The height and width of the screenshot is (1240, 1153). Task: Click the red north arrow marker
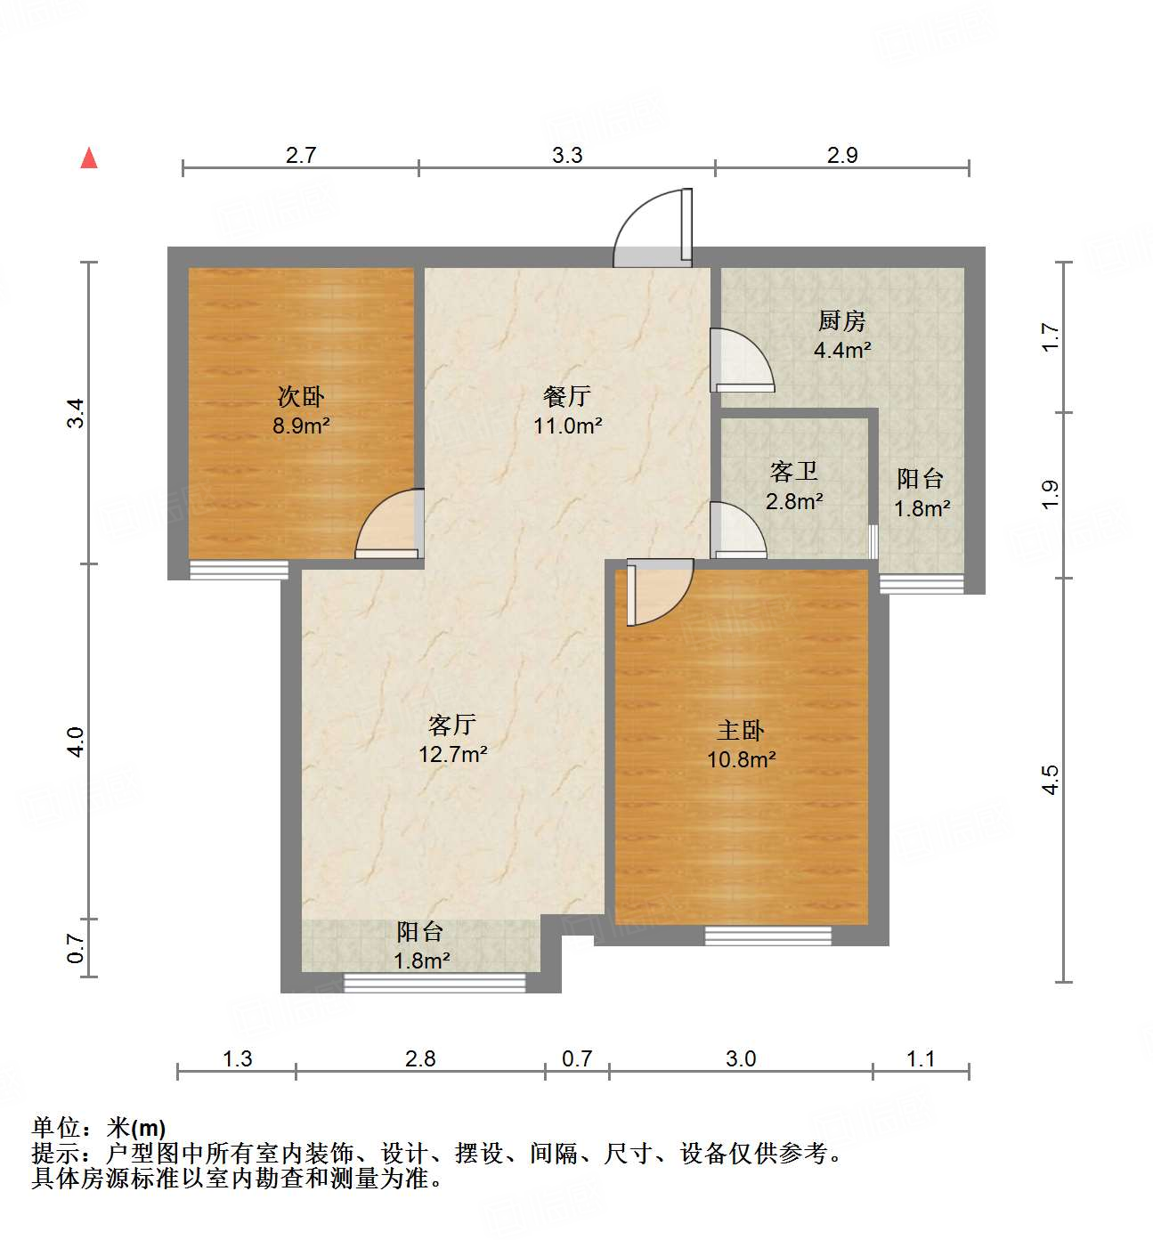(x=89, y=158)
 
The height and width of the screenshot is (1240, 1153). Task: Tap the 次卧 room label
(x=301, y=396)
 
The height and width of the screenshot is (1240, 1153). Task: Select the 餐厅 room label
(x=567, y=396)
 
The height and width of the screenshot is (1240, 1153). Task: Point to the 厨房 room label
(x=841, y=320)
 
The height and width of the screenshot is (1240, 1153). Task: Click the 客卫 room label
(x=793, y=471)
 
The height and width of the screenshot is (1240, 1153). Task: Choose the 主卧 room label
(x=741, y=731)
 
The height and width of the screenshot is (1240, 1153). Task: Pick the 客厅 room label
(x=452, y=725)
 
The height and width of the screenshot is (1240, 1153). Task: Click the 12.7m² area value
(x=452, y=755)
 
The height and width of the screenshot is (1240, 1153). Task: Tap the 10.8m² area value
(x=741, y=760)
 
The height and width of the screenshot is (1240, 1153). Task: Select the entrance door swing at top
(x=653, y=227)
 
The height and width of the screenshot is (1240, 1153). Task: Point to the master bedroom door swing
(x=659, y=591)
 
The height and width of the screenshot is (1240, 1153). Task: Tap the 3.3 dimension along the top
(x=567, y=156)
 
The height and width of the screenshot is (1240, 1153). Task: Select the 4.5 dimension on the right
(x=1051, y=780)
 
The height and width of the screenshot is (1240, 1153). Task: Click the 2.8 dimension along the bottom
(x=420, y=1058)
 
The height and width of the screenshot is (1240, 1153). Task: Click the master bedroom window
(x=767, y=936)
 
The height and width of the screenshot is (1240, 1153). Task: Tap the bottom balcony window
(x=434, y=983)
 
